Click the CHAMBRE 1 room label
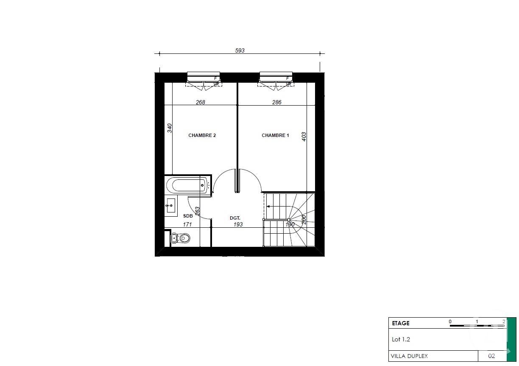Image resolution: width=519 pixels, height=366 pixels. click(275, 136)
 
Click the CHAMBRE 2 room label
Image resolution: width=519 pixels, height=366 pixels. click(202, 136)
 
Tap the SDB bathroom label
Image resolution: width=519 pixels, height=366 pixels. click(188, 216)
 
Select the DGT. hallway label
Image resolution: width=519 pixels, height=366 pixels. click(235, 218)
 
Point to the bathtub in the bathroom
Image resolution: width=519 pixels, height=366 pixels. click(187, 185)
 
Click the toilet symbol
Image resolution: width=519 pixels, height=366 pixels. click(182, 238)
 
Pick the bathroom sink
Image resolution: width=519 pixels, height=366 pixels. click(171, 205)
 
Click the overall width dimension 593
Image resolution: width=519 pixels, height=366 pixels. click(240, 50)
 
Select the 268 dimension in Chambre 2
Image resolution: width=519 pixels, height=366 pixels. click(200, 102)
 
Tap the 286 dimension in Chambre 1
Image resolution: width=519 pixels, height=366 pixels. click(276, 102)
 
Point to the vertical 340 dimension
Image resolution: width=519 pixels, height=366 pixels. click(170, 128)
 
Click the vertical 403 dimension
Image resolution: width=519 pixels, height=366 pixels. click(304, 137)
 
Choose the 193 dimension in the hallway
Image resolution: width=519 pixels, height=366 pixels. click(238, 224)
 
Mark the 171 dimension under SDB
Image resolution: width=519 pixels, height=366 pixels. click(187, 224)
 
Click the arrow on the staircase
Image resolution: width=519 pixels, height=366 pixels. click(268, 207)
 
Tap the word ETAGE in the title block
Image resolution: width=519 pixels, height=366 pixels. click(401, 323)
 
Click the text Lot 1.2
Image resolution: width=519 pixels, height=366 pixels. click(401, 339)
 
